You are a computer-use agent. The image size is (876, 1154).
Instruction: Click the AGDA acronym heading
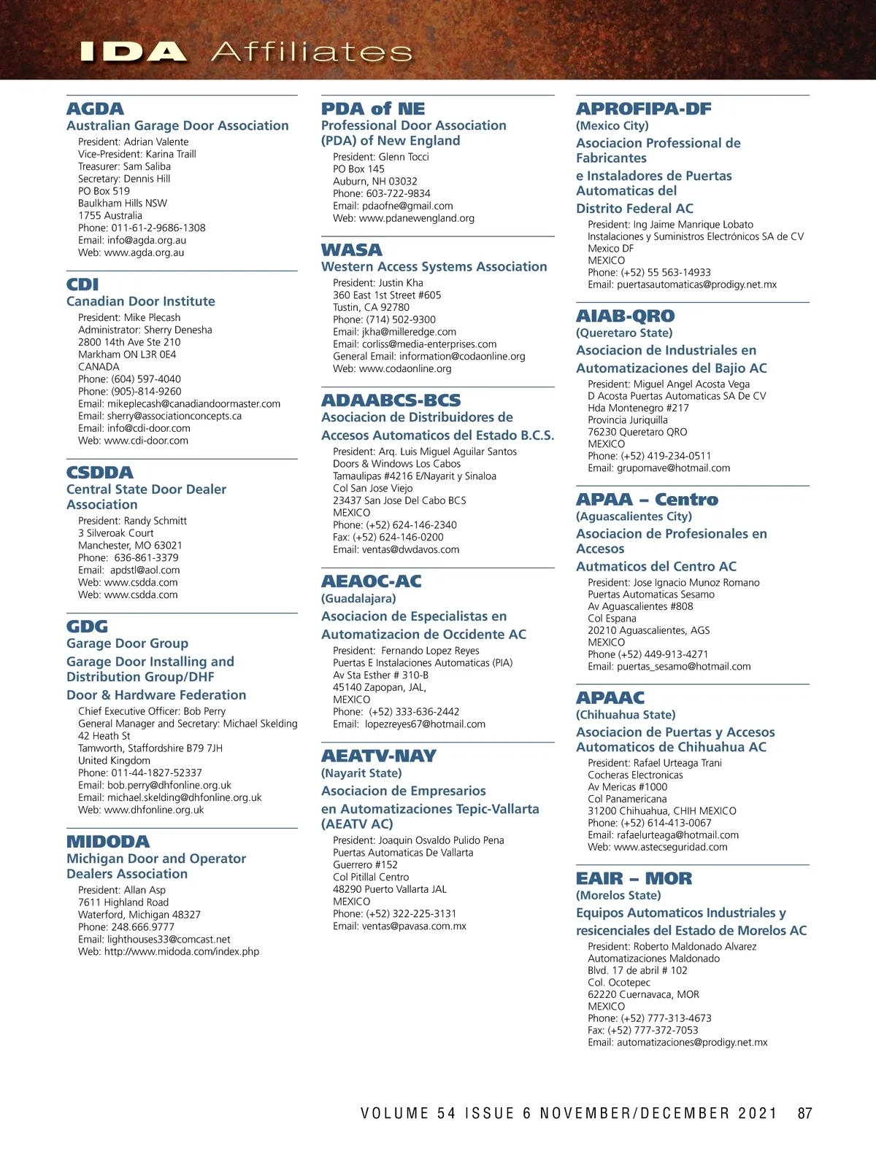click(95, 109)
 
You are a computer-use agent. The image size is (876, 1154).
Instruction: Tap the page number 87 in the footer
click(804, 1113)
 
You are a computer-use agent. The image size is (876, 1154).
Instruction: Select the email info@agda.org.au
click(147, 240)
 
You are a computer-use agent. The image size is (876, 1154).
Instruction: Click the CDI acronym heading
click(82, 284)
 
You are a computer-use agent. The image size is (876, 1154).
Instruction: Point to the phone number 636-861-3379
click(146, 557)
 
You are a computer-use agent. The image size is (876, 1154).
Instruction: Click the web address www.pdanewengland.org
click(417, 218)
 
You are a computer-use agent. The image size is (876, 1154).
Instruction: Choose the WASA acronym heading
click(351, 249)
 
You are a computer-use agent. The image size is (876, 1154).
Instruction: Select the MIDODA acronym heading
click(108, 842)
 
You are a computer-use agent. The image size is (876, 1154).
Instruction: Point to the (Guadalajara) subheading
click(358, 598)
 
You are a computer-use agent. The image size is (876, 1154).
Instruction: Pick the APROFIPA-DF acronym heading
click(643, 109)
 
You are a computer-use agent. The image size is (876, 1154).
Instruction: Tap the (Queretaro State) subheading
click(624, 333)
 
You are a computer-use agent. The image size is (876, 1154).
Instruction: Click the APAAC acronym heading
click(610, 697)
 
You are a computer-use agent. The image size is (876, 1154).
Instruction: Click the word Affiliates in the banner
click(312, 52)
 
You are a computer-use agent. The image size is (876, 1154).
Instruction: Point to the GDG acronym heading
click(87, 627)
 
